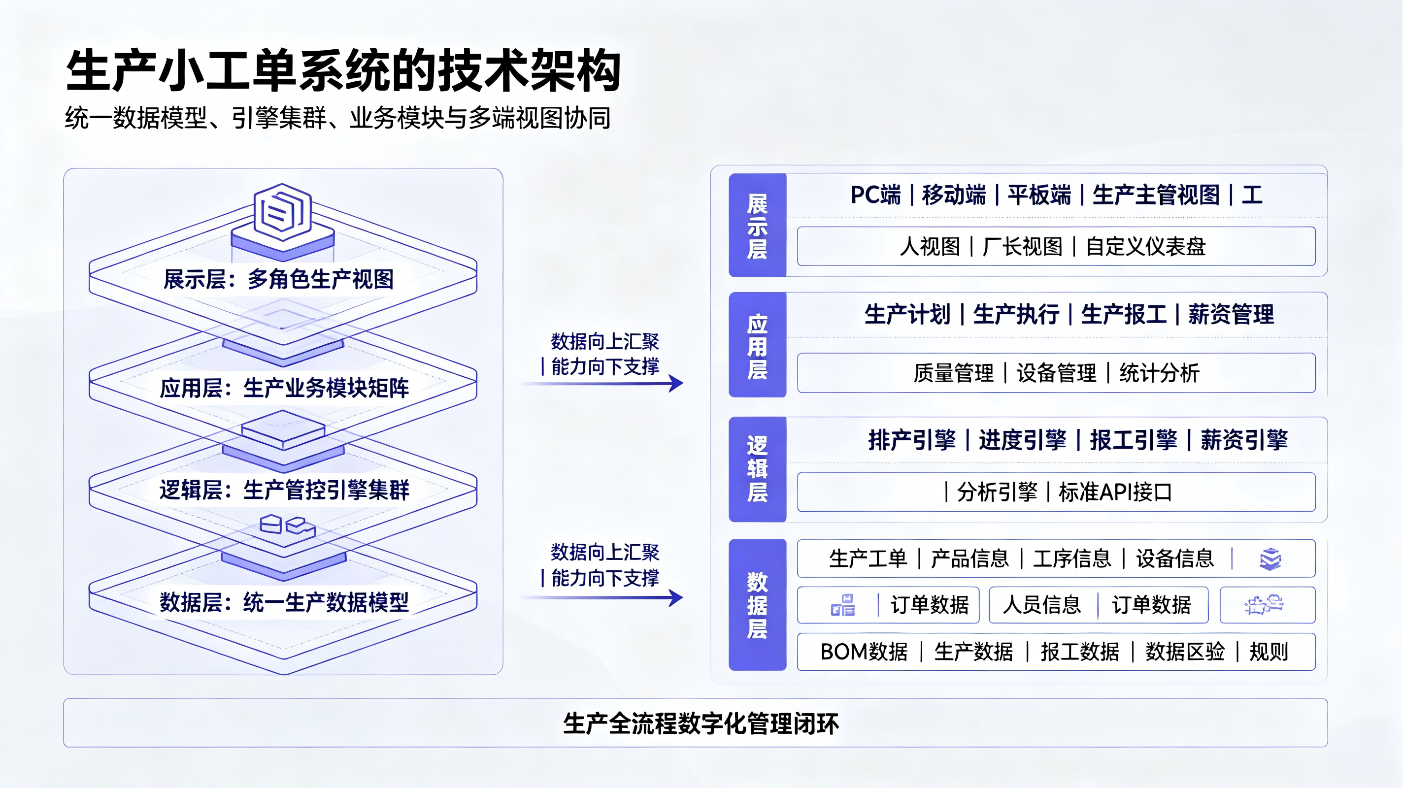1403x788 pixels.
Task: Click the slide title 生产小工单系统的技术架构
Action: [x=343, y=71]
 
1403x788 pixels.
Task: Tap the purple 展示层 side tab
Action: [x=757, y=225]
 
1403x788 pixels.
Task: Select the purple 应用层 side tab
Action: [x=757, y=345]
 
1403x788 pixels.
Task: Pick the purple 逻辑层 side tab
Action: [x=757, y=469]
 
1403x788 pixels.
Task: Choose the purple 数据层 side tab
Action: [x=757, y=604]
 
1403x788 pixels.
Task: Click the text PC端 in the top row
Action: [x=876, y=195]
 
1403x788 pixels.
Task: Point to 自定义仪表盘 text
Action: [x=1146, y=247]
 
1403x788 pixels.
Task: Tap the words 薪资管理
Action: [x=1231, y=314]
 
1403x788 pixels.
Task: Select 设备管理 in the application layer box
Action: [x=1056, y=373]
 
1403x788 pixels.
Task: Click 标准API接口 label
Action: [x=1115, y=492]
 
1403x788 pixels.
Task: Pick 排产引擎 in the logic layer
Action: [x=912, y=439]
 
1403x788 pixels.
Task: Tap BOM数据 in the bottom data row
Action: [x=864, y=651]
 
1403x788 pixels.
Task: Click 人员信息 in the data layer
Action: [x=1041, y=604]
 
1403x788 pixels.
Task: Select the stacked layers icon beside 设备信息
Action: [x=1270, y=558]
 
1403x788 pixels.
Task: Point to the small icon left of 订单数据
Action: [x=842, y=605]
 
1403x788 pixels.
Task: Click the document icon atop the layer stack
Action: [x=283, y=212]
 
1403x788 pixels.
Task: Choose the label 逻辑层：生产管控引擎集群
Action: [x=284, y=490]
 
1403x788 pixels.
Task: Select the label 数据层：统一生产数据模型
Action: [x=284, y=602]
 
